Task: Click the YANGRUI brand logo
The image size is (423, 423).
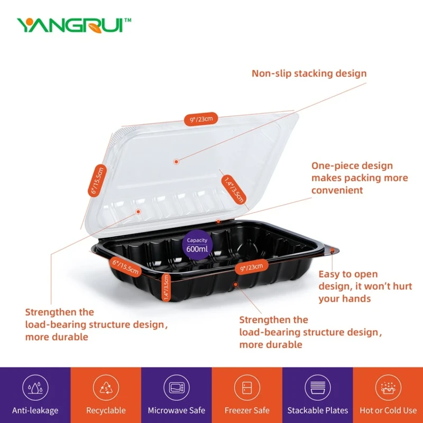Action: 73,25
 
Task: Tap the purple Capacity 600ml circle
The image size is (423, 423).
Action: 197,245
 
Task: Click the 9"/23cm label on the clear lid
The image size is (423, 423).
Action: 201,119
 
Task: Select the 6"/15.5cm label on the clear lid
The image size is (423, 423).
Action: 97,180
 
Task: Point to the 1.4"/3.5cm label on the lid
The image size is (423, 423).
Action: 234,190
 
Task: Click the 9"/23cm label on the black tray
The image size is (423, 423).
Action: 252,267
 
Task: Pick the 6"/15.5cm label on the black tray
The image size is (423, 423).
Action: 126,266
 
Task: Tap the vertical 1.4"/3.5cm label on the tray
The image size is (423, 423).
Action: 166,287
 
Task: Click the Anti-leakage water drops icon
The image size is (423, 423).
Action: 35,388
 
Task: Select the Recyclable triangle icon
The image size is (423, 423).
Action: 106,388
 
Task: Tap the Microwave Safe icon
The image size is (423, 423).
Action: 177,388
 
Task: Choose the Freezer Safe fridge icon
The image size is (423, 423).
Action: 247,388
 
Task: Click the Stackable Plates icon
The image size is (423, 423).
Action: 318,388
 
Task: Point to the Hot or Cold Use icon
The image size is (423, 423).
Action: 388,388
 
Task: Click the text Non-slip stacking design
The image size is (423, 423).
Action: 309,73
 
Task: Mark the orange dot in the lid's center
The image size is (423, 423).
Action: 176,162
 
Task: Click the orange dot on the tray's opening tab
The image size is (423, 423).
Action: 333,251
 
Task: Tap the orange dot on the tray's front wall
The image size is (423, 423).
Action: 235,284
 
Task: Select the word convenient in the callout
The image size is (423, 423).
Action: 337,190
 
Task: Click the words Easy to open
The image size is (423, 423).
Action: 348,274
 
